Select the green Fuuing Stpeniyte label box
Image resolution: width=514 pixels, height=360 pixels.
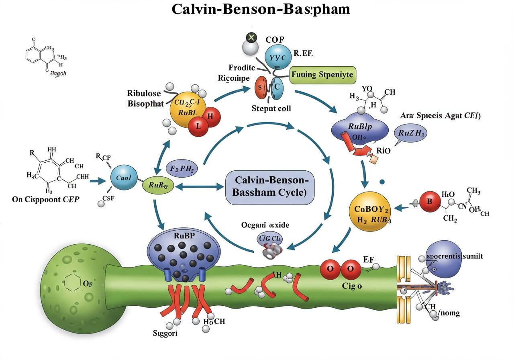coord(322,75)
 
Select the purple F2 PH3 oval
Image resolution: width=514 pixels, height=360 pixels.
coord(182,168)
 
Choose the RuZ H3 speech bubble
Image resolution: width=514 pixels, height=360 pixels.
coord(411,133)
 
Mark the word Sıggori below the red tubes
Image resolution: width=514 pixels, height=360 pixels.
coord(165,333)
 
